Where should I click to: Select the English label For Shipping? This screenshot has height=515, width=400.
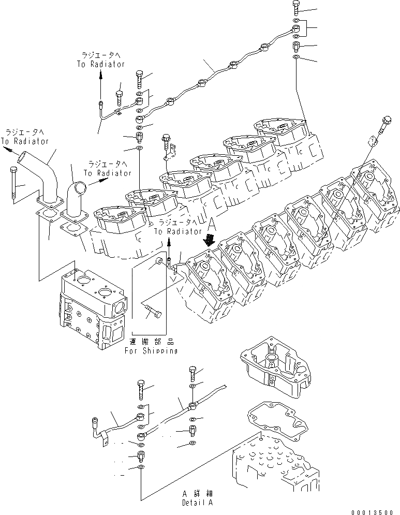(x=151, y=350)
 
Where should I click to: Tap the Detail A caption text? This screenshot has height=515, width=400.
(x=197, y=502)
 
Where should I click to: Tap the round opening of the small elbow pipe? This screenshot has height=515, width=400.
(x=75, y=186)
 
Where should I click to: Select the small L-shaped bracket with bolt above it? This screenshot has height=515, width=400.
(x=169, y=151)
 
